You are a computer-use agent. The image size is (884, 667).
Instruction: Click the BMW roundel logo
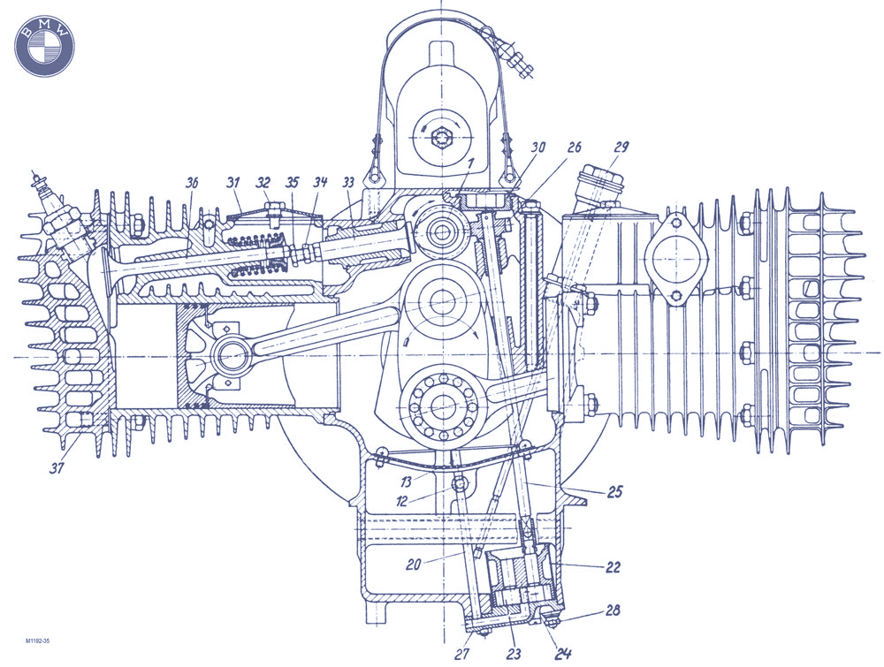pos(44,43)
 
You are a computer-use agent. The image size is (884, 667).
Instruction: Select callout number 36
pos(192,183)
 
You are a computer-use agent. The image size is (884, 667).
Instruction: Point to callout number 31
pos(233,183)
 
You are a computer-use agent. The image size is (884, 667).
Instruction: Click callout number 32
pos(263,183)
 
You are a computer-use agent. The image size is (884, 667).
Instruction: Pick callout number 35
pos(293,183)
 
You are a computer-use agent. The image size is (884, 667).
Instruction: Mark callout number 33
pos(348,183)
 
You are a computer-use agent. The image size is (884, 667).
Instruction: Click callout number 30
pos(538,148)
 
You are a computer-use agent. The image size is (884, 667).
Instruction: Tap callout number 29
pos(621,148)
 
